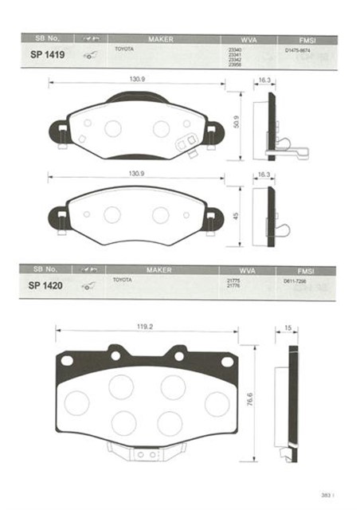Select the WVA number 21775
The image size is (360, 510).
point(234,280)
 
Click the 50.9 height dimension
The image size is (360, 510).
point(235,122)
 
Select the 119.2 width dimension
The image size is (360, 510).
point(143,326)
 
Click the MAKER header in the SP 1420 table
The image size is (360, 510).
point(159,270)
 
